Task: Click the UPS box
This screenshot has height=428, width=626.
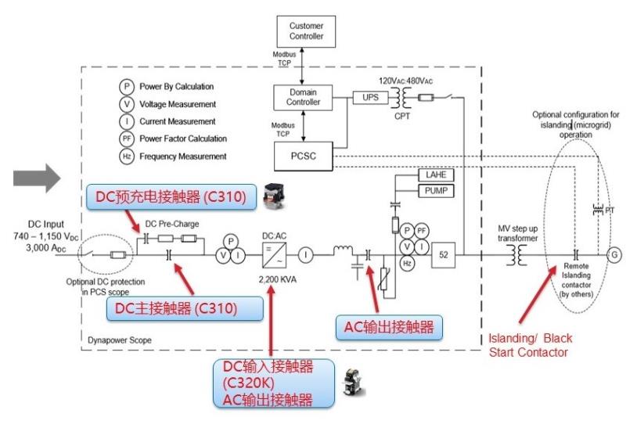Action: click(x=369, y=97)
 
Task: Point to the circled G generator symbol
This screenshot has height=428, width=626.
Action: click(x=615, y=255)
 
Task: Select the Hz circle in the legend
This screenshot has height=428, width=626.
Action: click(x=126, y=156)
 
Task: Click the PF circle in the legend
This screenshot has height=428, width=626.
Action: click(x=126, y=138)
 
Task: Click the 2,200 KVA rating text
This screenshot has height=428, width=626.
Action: click(x=271, y=279)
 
